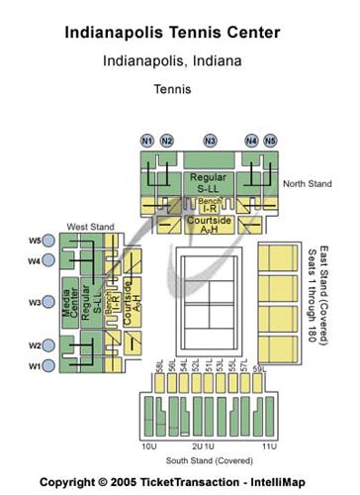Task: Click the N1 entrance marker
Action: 147,141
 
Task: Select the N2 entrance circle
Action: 167,141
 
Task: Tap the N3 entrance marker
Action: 210,141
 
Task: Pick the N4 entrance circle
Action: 251,141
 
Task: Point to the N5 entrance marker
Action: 271,141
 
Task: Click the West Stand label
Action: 90,227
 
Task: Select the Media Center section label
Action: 71,301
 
